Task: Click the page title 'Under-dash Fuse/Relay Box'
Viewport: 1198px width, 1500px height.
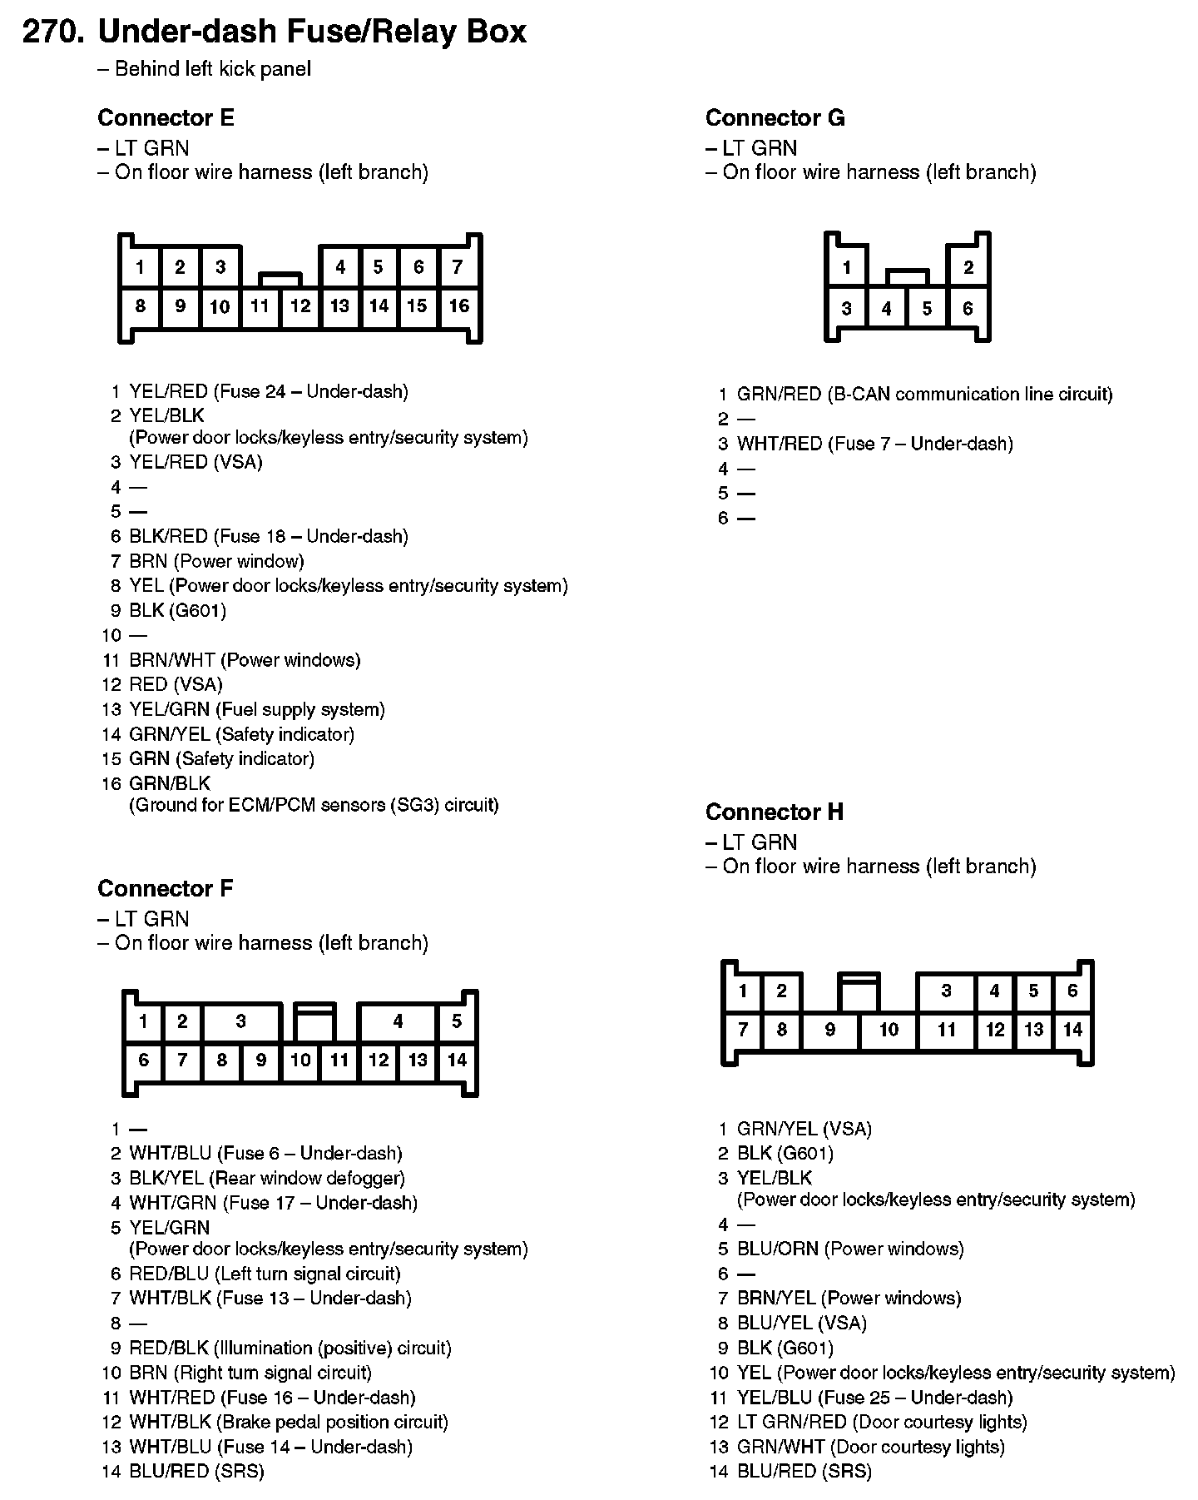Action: tap(312, 32)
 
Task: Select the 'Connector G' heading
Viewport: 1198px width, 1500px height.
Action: tap(775, 118)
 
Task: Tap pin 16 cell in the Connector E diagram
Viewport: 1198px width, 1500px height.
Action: tap(459, 306)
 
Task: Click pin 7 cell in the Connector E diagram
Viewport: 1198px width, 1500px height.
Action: tap(458, 267)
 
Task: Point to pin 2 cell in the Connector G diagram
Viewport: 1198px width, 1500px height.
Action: tap(968, 268)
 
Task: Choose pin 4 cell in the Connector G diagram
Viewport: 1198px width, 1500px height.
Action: tap(887, 309)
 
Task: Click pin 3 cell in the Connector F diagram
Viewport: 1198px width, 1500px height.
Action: tap(241, 1021)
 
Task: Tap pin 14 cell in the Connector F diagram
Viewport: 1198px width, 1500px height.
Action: tap(457, 1060)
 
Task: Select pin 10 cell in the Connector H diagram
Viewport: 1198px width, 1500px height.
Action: tap(889, 1030)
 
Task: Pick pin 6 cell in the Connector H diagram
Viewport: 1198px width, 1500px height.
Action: tap(1072, 991)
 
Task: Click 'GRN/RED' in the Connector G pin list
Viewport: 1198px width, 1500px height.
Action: tap(779, 394)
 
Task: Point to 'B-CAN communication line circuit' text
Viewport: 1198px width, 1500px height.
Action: tap(969, 394)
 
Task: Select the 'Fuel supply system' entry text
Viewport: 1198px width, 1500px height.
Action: tap(300, 709)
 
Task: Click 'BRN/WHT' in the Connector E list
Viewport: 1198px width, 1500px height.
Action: tap(171, 660)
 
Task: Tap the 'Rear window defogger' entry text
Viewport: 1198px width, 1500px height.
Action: tap(307, 1178)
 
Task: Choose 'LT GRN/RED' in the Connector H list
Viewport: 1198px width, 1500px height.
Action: tap(792, 1422)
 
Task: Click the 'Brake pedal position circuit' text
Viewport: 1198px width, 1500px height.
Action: tap(331, 1422)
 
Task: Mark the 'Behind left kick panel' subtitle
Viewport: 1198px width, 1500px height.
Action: tap(213, 69)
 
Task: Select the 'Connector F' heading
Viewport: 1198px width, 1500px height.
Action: tap(166, 889)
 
